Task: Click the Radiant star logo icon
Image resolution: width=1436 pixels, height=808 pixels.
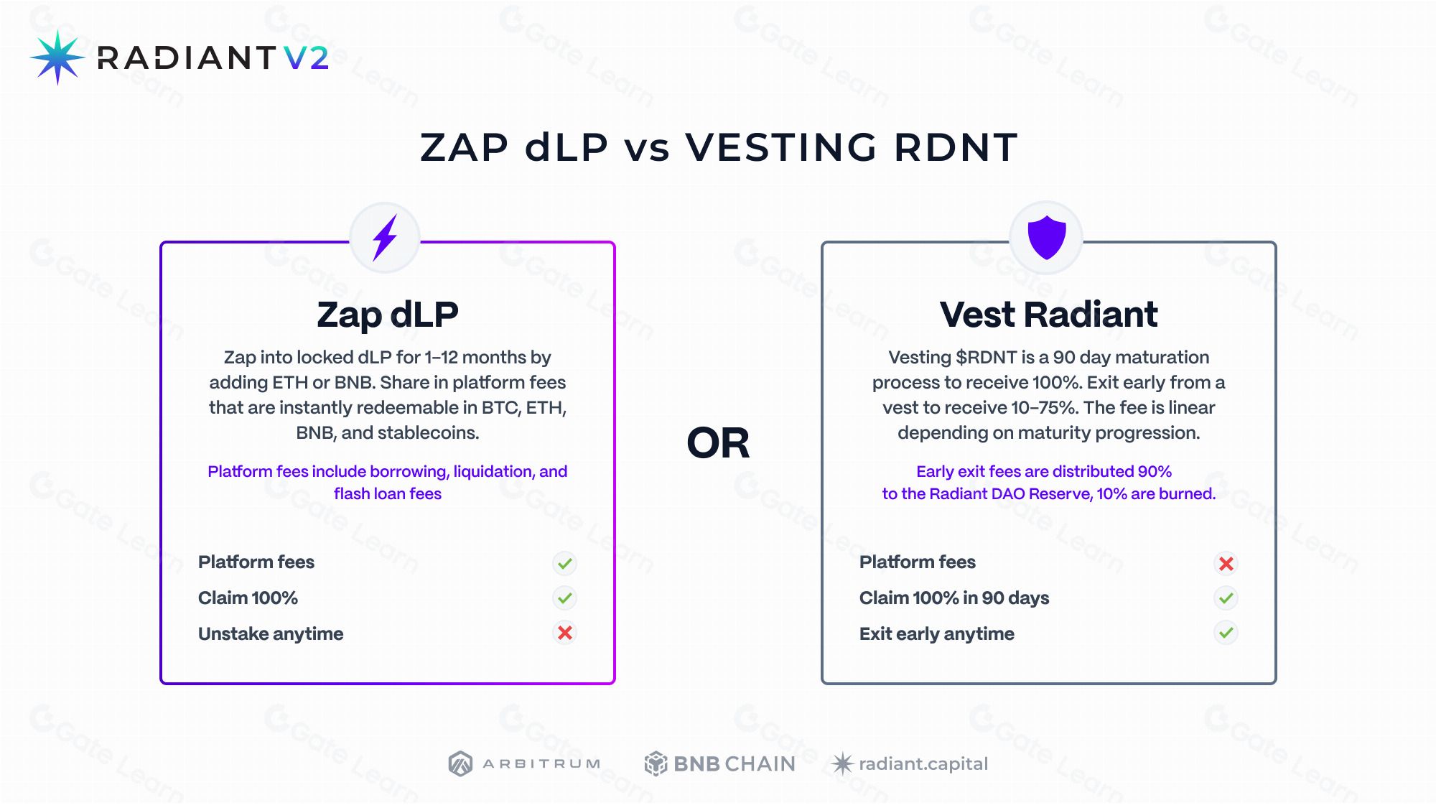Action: point(57,57)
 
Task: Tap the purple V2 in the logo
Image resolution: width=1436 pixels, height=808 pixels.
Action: point(307,57)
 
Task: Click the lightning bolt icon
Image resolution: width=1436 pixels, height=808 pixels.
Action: point(385,237)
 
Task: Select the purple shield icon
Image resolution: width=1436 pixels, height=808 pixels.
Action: point(1047,236)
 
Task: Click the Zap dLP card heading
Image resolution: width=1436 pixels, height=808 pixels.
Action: point(388,315)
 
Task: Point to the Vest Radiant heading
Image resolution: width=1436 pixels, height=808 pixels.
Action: point(1048,315)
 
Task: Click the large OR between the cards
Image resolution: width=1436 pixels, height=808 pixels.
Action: point(718,442)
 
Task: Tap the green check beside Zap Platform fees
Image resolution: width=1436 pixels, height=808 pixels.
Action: point(565,563)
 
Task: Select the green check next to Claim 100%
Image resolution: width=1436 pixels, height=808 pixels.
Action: point(565,598)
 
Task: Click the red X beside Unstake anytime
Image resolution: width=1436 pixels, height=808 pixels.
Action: point(565,633)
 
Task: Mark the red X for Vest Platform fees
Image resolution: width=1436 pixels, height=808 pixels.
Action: point(1226,563)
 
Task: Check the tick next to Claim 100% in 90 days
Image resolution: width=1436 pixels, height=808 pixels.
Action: point(1226,598)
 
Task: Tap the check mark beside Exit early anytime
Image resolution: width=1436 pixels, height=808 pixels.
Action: point(1226,633)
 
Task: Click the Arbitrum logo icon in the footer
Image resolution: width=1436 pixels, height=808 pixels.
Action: point(460,763)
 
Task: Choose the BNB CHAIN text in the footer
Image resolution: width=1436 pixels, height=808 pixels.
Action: point(735,763)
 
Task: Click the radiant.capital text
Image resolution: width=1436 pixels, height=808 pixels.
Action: point(923,764)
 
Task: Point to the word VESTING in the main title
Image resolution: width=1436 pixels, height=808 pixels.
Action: point(781,147)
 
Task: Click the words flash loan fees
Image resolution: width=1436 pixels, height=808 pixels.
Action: point(388,493)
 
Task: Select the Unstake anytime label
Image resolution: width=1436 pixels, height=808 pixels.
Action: point(271,634)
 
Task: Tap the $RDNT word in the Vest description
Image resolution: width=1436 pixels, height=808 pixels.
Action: point(987,357)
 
